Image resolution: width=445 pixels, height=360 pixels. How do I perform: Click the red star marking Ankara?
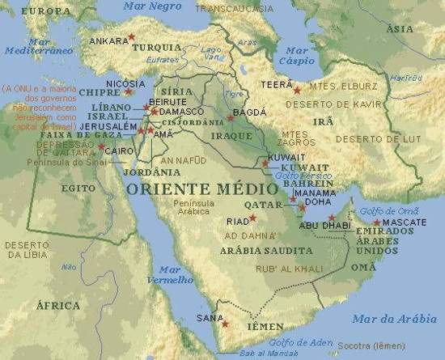131,37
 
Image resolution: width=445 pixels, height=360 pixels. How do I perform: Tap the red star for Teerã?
296,90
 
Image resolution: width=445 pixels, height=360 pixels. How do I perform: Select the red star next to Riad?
252,218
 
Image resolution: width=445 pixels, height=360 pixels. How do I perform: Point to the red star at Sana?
225,324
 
